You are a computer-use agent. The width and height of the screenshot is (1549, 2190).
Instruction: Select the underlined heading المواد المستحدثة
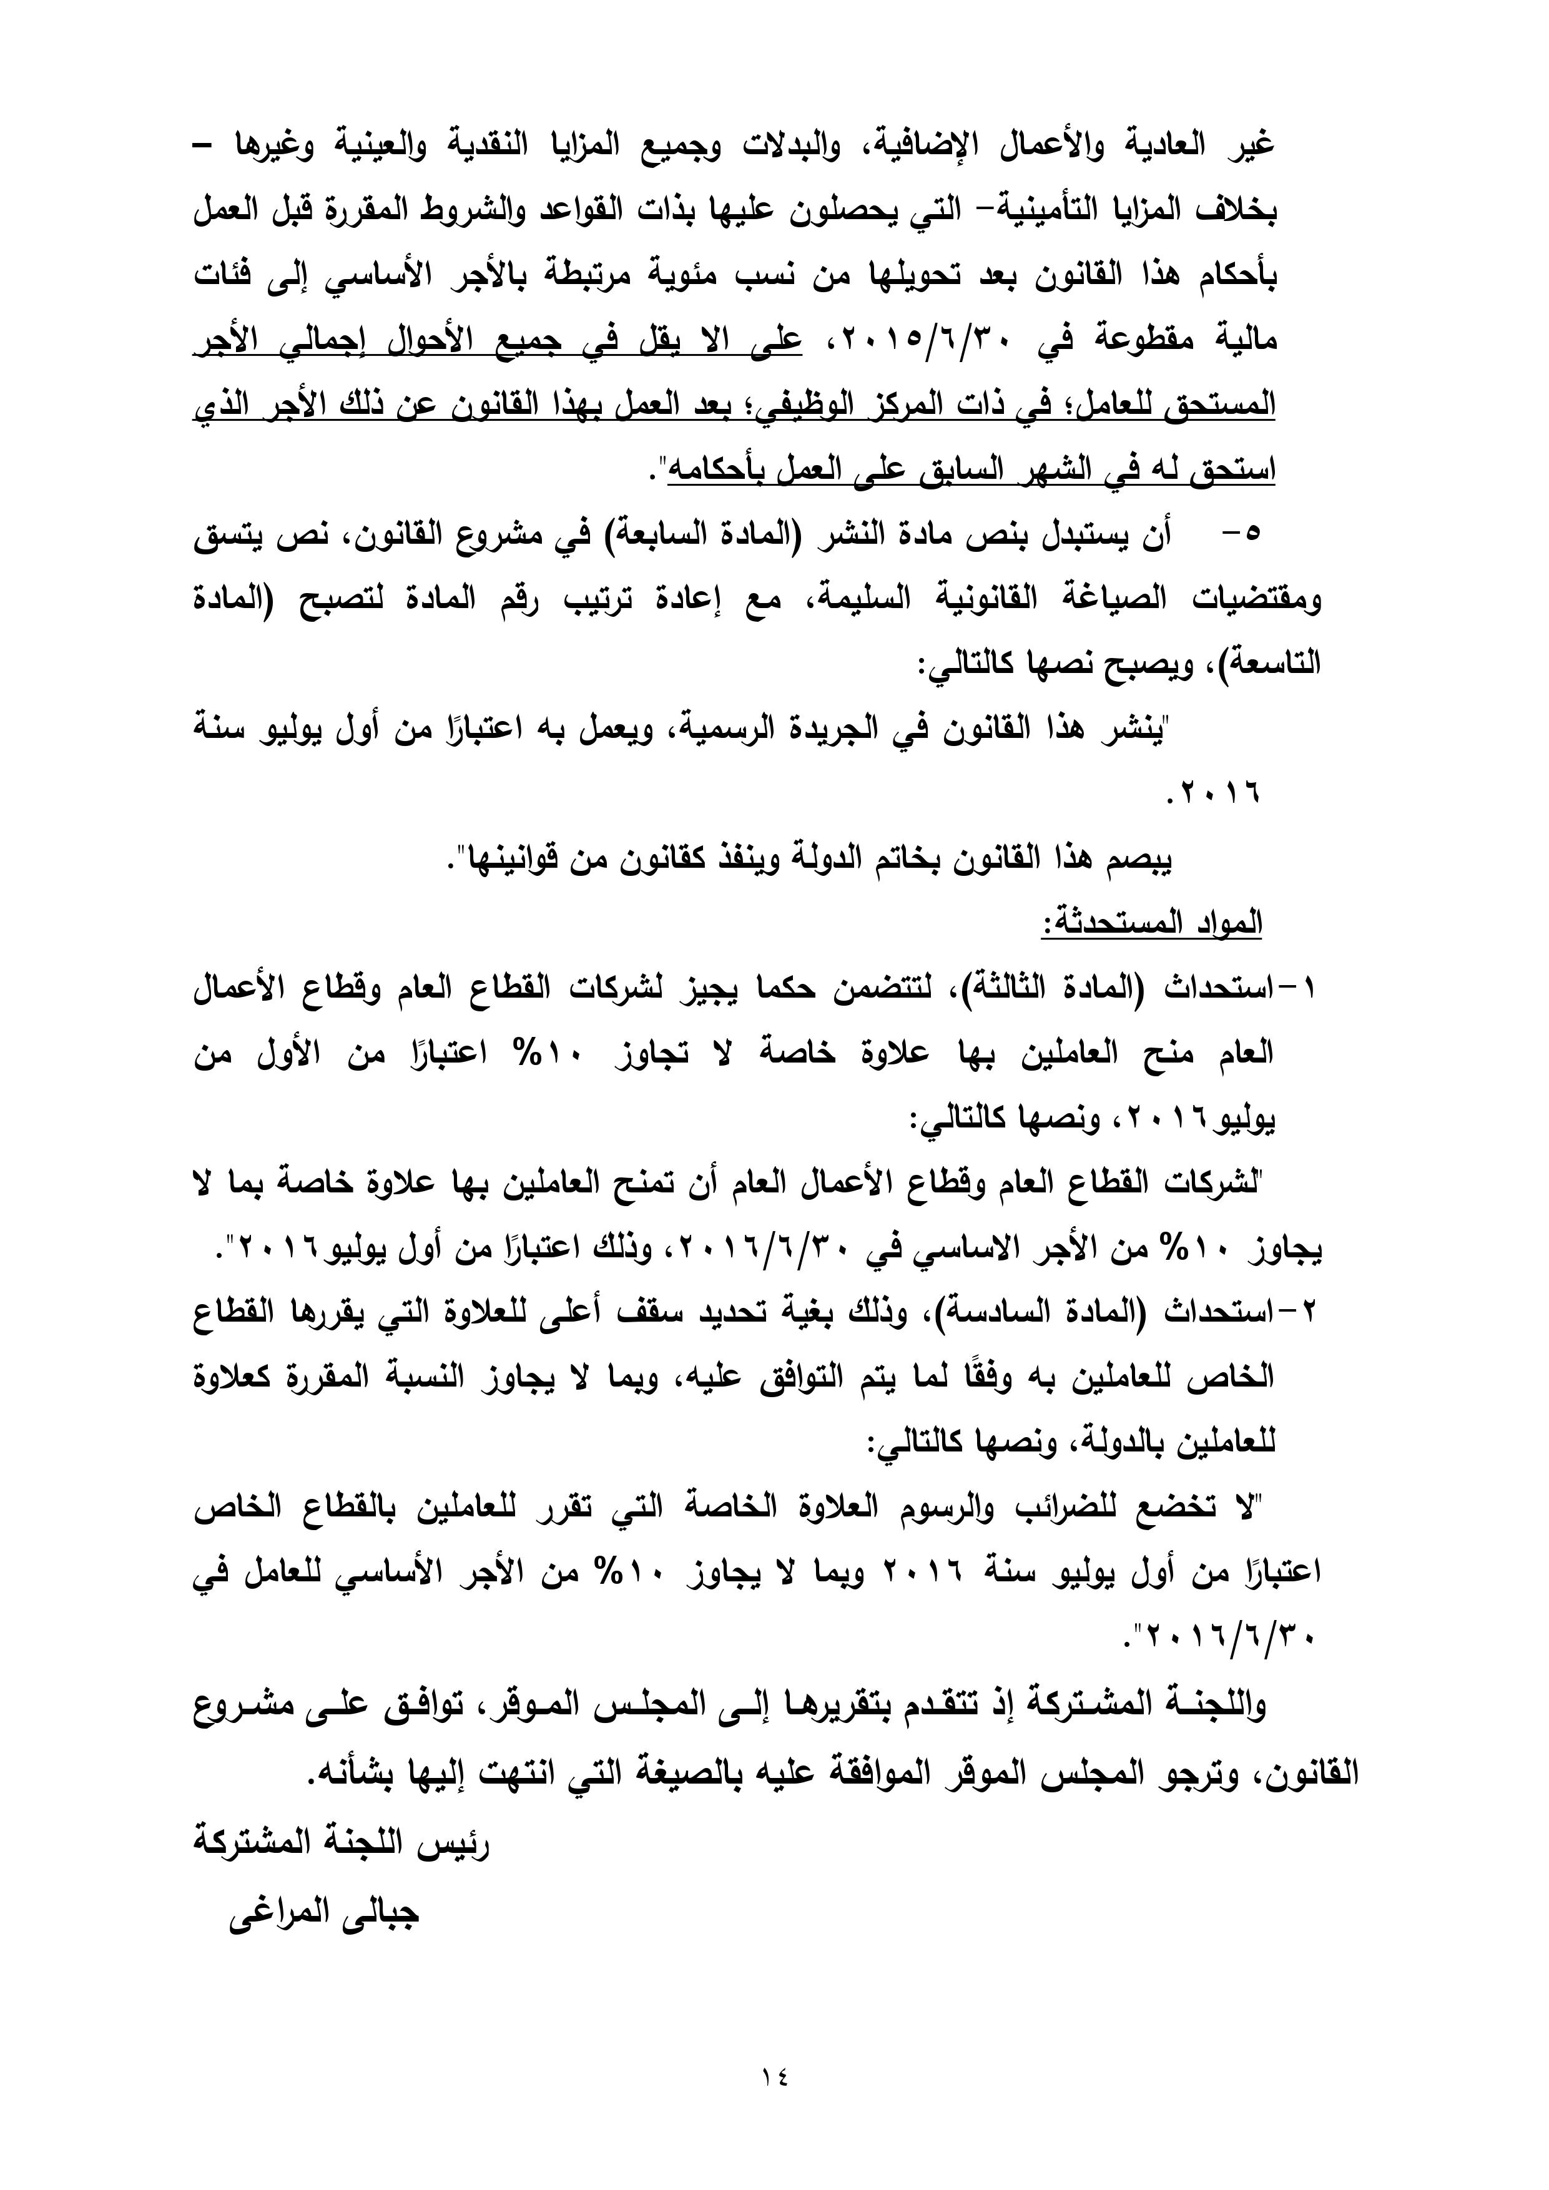point(1151,922)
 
